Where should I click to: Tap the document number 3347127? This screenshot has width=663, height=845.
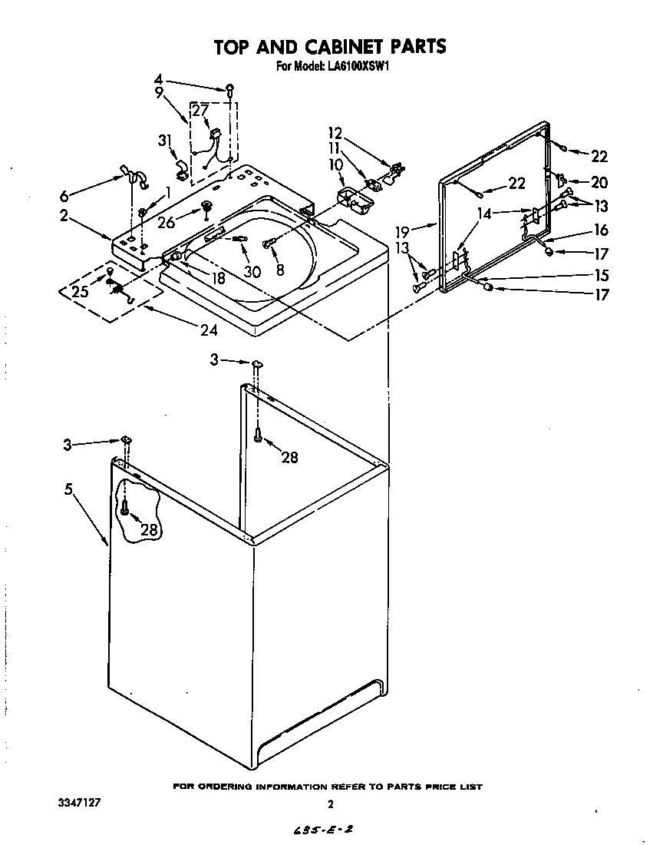tap(79, 802)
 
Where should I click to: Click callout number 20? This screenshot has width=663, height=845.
tap(599, 182)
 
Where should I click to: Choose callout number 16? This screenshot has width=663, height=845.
tap(599, 230)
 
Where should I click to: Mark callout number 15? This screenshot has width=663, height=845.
tap(599, 275)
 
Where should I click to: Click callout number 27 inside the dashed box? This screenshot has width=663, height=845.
tap(200, 111)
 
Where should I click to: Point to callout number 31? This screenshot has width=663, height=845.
tap(163, 140)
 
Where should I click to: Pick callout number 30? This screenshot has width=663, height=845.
tap(252, 272)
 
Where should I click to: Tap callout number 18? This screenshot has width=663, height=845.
tap(219, 279)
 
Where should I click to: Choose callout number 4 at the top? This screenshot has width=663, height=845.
tap(157, 78)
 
